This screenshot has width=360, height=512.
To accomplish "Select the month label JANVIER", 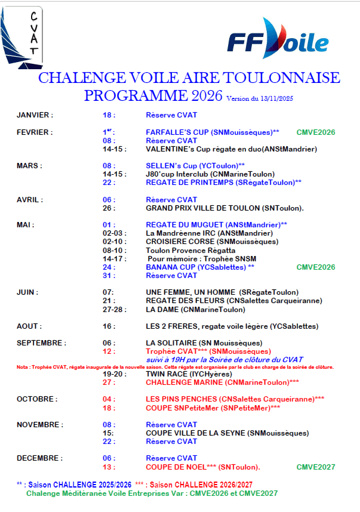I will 35,115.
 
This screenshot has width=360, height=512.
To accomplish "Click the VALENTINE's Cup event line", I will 231,149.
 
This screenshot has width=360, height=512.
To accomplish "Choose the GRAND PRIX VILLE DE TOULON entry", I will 224,208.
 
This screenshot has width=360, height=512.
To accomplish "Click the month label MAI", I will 26,225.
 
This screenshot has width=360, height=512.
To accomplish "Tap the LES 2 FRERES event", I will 232,326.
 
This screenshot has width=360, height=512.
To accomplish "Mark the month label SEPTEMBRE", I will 41,343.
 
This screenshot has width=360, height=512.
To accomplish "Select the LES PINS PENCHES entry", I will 235,399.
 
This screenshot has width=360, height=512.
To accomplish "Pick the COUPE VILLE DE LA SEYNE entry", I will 227,433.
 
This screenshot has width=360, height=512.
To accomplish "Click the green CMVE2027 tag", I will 316,467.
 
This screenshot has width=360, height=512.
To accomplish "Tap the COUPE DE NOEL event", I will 203,467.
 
